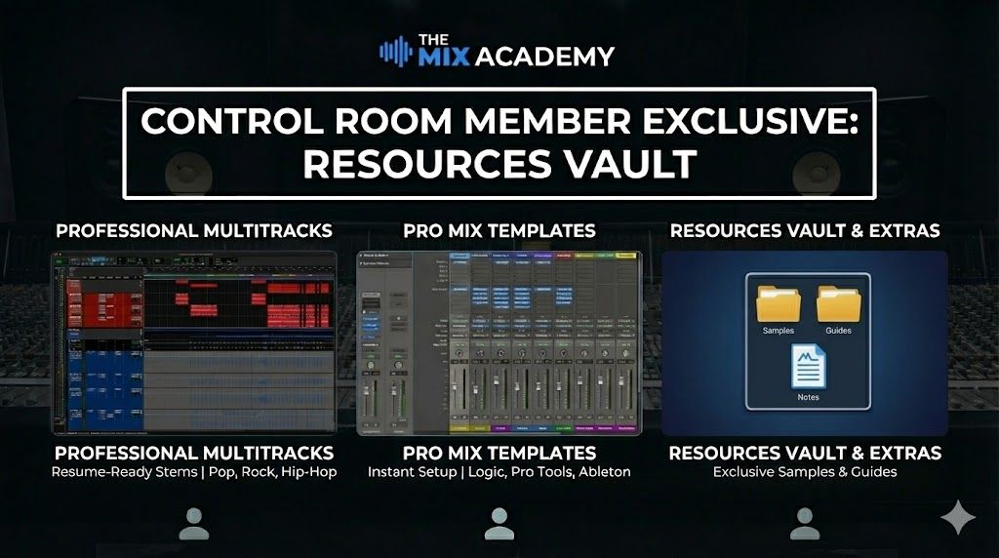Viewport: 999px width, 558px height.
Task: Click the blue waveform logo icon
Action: [395, 51]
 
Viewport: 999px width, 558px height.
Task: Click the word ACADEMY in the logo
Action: [543, 57]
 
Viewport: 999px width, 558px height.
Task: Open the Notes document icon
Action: [808, 370]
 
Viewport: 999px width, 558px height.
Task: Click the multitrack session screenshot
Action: [194, 341]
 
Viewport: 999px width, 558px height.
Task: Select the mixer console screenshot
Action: [499, 341]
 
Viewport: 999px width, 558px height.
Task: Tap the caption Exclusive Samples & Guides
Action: [804, 472]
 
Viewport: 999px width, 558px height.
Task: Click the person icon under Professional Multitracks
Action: [194, 524]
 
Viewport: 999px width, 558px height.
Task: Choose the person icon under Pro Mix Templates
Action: [499, 524]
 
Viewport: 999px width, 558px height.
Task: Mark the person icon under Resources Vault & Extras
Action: [805, 524]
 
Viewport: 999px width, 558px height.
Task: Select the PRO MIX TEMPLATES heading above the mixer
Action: [499, 231]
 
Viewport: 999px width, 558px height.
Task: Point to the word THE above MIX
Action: [432, 39]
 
